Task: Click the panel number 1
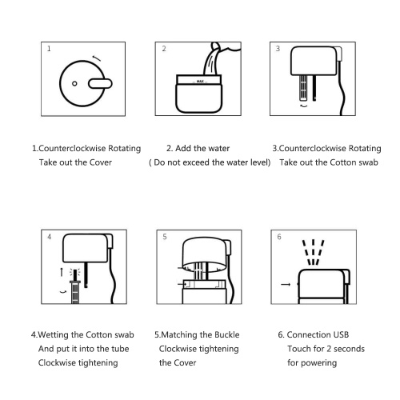click(x=49, y=49)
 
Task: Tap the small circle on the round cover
click(x=74, y=83)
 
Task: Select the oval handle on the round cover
click(x=100, y=83)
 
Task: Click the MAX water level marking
click(x=200, y=81)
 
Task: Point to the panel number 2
click(x=164, y=49)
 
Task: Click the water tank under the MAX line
click(x=198, y=98)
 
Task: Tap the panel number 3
click(x=278, y=49)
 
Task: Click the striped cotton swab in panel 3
click(x=303, y=88)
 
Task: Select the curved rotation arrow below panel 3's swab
click(x=303, y=106)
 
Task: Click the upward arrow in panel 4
click(x=62, y=272)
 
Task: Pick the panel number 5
click(x=165, y=237)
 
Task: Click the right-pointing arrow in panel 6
click(x=286, y=284)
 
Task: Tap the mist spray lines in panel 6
click(x=313, y=252)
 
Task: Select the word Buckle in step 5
click(x=227, y=334)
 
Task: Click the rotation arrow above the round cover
click(x=97, y=58)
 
